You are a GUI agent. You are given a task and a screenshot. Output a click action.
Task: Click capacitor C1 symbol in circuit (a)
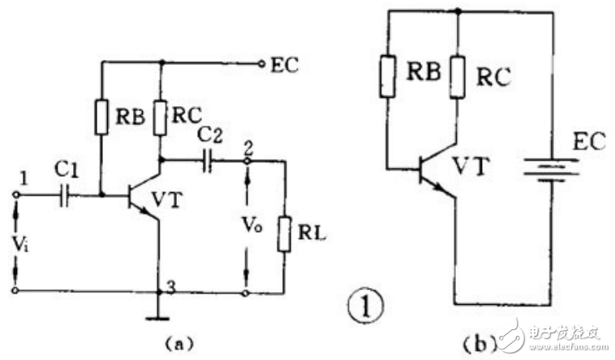(x=64, y=195)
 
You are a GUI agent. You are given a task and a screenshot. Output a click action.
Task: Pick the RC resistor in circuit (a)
(x=161, y=117)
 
